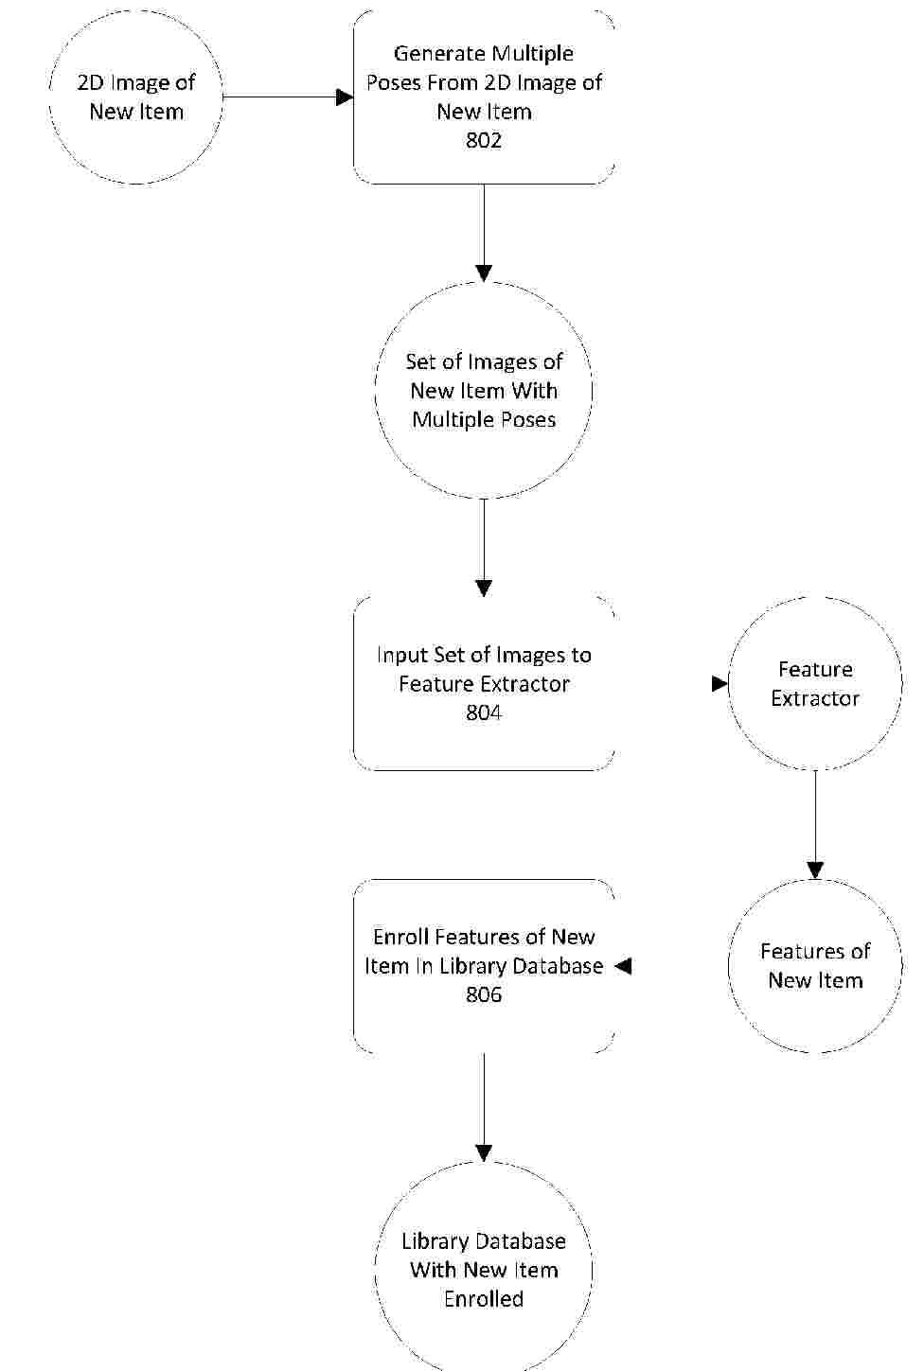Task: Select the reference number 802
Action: (x=484, y=140)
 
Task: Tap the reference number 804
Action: (x=484, y=712)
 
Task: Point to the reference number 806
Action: (x=484, y=994)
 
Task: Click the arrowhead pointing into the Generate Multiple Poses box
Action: (x=346, y=97)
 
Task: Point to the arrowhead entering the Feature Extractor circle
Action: (x=720, y=683)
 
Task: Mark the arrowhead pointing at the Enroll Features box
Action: (x=623, y=966)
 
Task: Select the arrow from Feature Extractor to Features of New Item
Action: (x=815, y=824)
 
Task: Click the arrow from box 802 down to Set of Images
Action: (x=484, y=233)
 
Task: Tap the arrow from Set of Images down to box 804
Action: (x=484, y=548)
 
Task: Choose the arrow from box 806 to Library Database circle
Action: (x=484, y=1107)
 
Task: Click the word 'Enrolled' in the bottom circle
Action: (x=484, y=1299)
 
